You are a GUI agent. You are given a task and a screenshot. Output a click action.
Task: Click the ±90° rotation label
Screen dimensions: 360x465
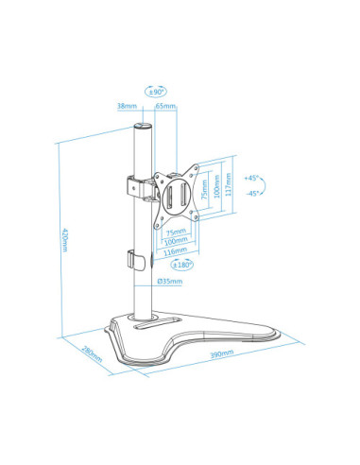pos(157,92)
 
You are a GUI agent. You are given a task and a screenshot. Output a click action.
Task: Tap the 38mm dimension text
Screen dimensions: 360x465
pos(125,107)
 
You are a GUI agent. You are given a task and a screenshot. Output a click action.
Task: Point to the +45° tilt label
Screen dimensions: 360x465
pos(250,178)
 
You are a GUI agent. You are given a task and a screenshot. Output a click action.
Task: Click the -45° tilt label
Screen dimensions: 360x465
pos(250,193)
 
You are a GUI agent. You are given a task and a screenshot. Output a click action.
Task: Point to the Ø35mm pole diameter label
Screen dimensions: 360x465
pos(168,281)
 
